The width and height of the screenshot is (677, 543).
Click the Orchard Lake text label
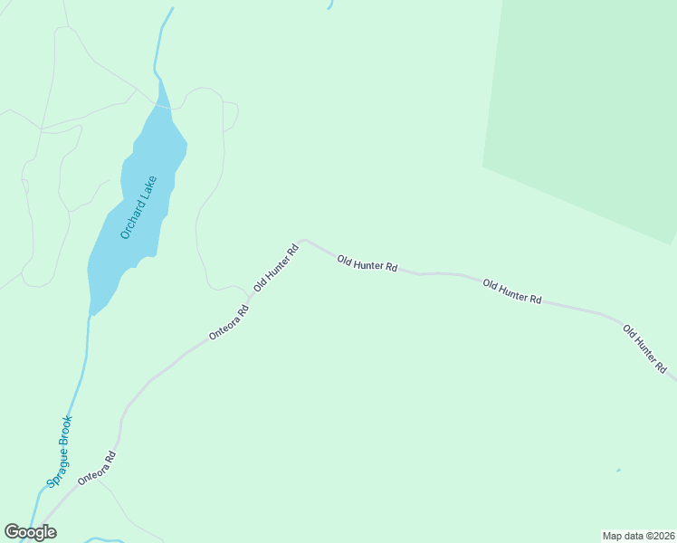(x=138, y=207)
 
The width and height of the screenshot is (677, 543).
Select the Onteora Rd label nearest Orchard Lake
(x=229, y=322)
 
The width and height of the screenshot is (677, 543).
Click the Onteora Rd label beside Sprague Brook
(x=98, y=468)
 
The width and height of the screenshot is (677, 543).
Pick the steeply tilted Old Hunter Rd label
(x=276, y=268)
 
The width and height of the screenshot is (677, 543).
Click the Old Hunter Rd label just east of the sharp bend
(x=367, y=263)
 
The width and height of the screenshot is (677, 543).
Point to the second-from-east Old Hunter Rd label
(x=512, y=291)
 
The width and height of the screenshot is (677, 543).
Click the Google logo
(x=31, y=532)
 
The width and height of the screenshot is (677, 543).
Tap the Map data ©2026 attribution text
(x=638, y=536)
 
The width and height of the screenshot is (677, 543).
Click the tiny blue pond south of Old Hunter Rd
(x=619, y=470)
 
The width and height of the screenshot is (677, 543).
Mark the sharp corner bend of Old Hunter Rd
(x=304, y=241)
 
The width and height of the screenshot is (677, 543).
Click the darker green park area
(x=588, y=109)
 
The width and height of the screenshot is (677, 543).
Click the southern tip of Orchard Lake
(x=91, y=312)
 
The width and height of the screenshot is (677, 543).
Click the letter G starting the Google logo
(x=12, y=532)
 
